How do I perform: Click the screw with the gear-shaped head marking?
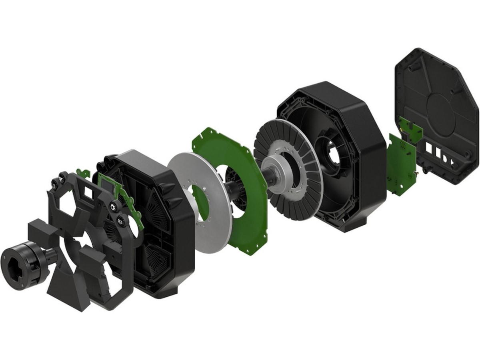pyautogui.click(x=112, y=207)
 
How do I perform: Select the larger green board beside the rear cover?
pyautogui.click(x=400, y=164)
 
